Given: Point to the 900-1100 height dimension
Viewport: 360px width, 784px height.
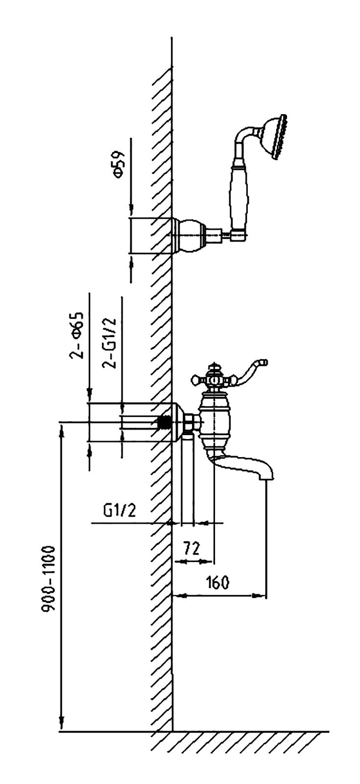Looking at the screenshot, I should [x=49, y=578].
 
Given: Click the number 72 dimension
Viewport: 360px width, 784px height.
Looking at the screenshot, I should [x=192, y=548].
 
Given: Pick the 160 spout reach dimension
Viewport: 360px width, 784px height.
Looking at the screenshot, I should [x=217, y=583].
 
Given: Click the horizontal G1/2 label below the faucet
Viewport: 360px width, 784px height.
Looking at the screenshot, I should [x=119, y=511].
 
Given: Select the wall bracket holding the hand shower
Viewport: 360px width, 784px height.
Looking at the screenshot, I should [x=189, y=235].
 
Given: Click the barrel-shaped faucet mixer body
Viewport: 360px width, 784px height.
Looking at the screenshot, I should [x=214, y=422].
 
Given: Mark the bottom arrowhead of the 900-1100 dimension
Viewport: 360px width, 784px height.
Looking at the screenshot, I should [x=62, y=724].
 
